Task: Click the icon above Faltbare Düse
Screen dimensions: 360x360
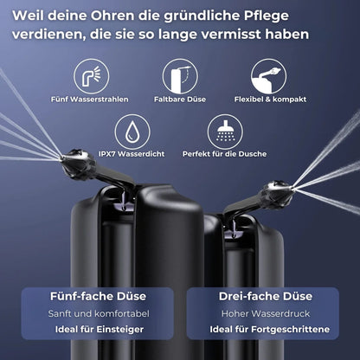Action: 180,75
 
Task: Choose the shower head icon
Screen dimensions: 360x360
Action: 225,132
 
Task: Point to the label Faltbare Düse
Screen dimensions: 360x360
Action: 179,99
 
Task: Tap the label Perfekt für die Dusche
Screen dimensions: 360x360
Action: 225,154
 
